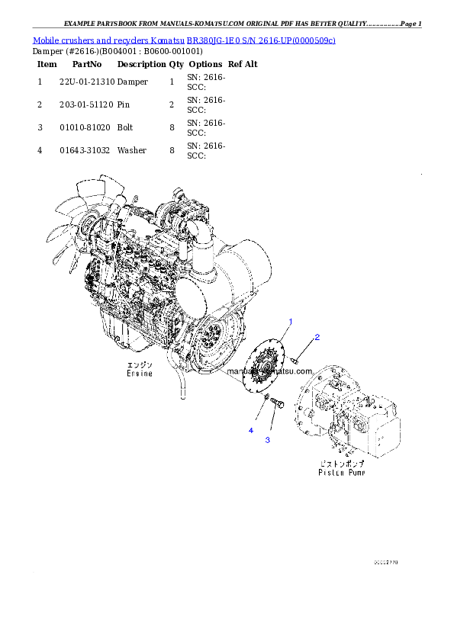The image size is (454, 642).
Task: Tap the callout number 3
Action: pos(268,440)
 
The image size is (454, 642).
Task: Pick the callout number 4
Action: pos(250,431)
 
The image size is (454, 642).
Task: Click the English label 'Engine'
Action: pos(140,374)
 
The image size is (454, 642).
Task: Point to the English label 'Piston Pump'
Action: pos(341,473)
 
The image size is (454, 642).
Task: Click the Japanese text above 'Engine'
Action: pos(140,365)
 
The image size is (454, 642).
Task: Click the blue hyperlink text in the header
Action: pos(184,40)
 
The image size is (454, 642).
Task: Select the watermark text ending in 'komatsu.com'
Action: pos(270,371)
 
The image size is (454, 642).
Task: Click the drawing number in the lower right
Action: pos(385,563)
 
